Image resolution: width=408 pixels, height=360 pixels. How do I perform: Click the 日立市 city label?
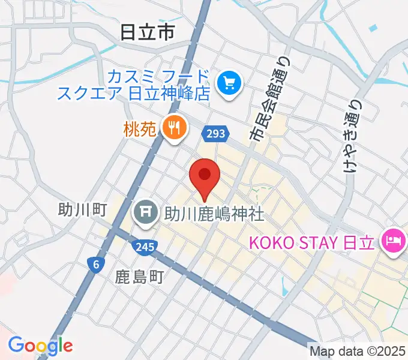pos(147,32)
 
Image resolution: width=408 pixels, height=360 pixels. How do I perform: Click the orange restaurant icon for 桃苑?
pos(175,127)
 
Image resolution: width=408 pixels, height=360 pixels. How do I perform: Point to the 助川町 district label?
pos(83,209)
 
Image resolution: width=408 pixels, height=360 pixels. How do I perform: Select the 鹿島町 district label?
pos(139,277)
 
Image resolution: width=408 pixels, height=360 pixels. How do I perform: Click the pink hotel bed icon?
pos(393,242)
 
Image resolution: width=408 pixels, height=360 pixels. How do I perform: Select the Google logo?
pos(40,345)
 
